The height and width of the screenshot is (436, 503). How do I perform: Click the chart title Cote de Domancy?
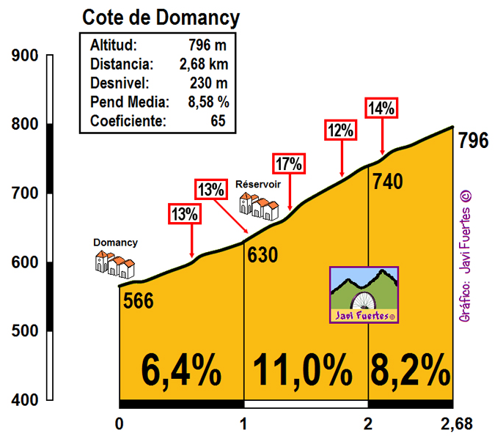pos(161,17)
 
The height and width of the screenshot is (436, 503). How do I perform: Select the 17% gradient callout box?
pos(288,163)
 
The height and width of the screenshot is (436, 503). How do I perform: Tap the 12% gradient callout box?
pos(341,131)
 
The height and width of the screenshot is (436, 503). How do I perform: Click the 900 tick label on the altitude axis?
pos(24,56)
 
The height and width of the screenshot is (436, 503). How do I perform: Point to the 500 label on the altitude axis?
pos(24,331)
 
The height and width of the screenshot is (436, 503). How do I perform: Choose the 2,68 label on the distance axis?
pos(457,424)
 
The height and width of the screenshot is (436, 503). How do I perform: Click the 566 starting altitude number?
pos(138,300)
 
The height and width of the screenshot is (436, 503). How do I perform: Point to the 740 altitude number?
pos(386,181)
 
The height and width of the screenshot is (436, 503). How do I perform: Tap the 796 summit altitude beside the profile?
pos(473,140)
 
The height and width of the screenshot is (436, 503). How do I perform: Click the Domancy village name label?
pos(115,243)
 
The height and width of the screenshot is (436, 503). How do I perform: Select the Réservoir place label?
pos(257,184)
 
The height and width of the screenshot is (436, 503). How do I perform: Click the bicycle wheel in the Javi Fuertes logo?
pos(364,301)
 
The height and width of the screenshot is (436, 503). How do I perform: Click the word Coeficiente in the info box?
pos(128,121)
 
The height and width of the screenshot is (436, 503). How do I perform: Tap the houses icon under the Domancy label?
pos(115,265)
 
